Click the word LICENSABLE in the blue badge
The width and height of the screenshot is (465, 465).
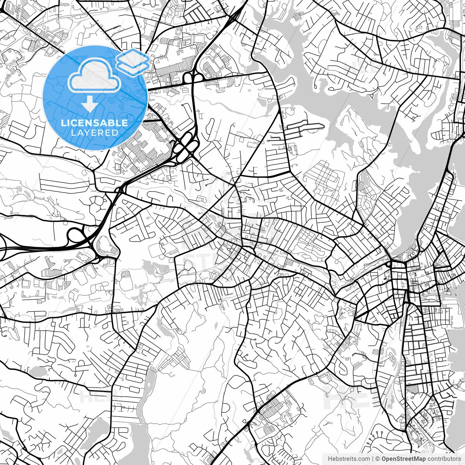tap(94, 122)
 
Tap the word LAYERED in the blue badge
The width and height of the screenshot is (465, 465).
tap(94, 133)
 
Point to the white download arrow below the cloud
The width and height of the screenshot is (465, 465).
tap(89, 105)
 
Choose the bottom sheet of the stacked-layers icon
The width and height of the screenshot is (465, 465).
tap(133, 68)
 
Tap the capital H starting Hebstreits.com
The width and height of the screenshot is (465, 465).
tap(329, 459)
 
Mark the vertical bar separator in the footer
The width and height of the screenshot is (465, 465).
tap(373, 459)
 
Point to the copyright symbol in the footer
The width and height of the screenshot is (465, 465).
tap(378, 459)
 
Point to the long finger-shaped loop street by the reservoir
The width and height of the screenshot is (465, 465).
tap(304, 126)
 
